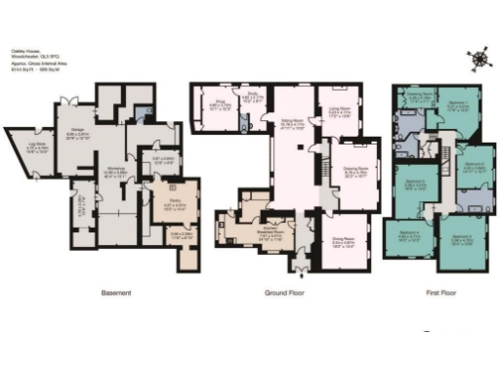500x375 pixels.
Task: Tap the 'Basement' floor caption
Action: pos(117,292)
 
